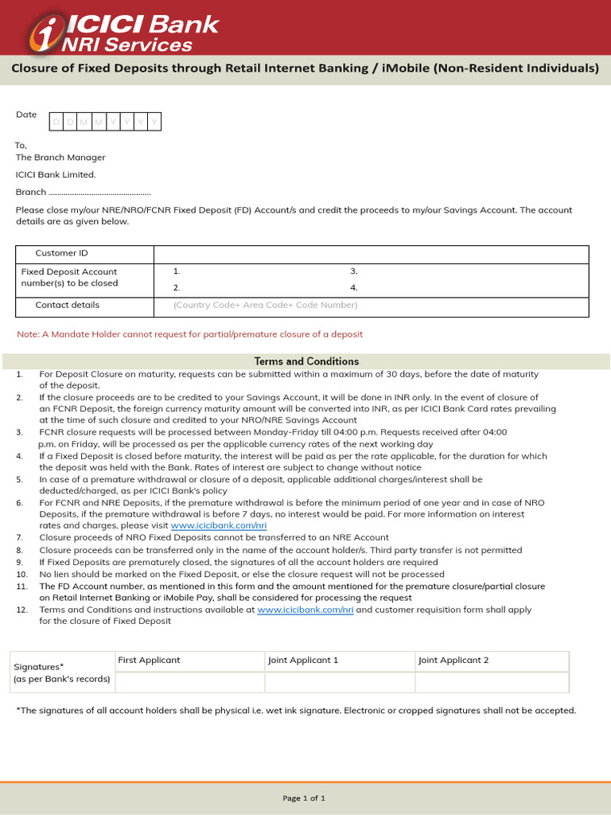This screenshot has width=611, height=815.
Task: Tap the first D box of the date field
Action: coord(56,122)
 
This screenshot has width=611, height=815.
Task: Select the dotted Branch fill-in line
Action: coord(99,193)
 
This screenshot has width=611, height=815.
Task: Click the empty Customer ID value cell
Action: coord(371,254)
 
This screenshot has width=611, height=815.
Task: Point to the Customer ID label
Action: coord(62,254)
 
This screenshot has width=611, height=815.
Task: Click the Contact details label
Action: coord(68,305)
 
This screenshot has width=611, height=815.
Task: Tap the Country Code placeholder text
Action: coord(265,306)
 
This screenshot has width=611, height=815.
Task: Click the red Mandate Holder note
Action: coord(189,334)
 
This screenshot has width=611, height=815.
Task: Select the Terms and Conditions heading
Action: coord(306,361)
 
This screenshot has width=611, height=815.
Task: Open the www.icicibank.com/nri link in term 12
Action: coord(305,610)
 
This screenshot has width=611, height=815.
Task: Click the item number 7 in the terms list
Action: coord(20,538)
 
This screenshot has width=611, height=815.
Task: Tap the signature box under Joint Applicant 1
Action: coord(339,682)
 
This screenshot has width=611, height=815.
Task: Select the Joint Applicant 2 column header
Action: coord(453,661)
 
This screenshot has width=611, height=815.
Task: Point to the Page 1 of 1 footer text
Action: coord(304,798)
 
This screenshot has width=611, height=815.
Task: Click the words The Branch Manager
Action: coord(60,158)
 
